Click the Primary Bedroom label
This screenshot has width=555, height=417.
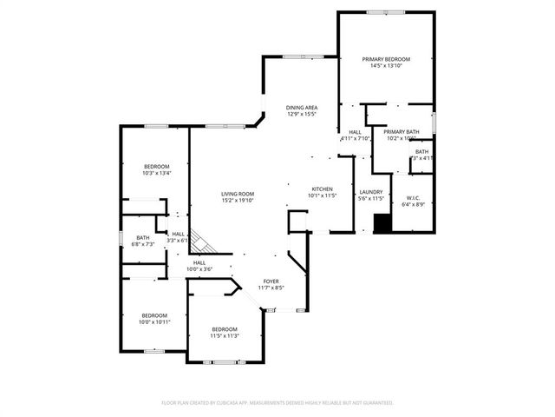click(x=386, y=58)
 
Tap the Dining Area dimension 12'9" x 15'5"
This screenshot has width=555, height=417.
click(x=302, y=114)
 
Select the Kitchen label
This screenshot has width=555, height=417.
click(x=323, y=189)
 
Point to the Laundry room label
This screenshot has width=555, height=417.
click(x=370, y=192)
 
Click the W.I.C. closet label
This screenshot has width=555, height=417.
click(x=413, y=198)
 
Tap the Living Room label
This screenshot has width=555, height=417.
click(x=237, y=194)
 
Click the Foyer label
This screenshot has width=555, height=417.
click(x=271, y=281)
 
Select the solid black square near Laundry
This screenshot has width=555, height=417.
click(x=382, y=223)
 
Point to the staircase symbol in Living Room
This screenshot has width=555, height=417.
click(x=200, y=240)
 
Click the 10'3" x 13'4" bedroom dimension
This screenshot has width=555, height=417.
click(x=157, y=173)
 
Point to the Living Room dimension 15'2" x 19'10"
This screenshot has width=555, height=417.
click(x=237, y=201)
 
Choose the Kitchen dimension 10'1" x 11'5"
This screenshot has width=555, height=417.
click(x=323, y=195)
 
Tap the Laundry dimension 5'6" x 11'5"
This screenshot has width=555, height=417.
click(x=370, y=199)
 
